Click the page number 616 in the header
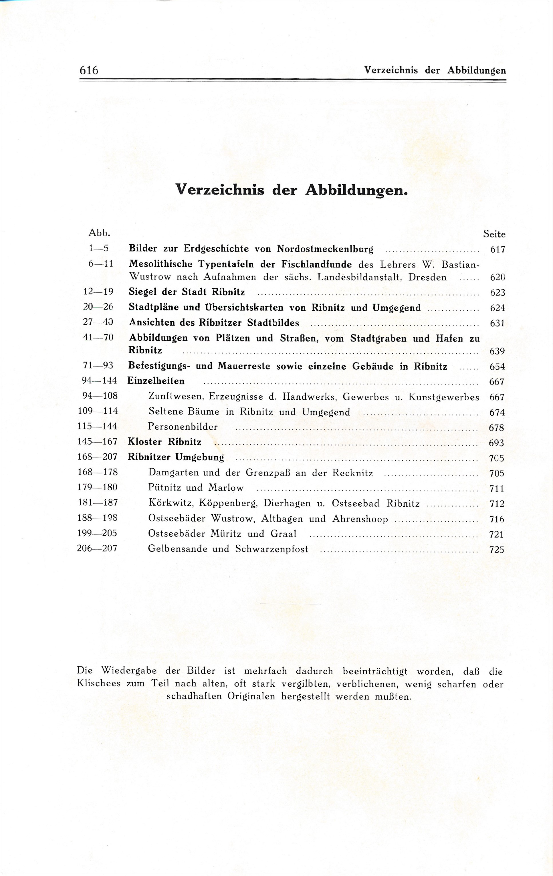pos(89,70)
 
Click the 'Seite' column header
pos(494,234)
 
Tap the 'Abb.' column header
pos(99,233)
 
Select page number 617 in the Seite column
pos(497,249)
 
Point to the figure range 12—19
pos(98,292)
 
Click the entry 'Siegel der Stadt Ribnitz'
pos(187,292)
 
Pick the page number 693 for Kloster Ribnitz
pos(496,443)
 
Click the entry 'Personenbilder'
pos(183,427)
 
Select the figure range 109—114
pos(98,411)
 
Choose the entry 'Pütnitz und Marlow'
pos(196,488)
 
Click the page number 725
pos(497,550)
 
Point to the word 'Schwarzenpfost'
pos(271,549)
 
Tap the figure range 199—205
pos(97,534)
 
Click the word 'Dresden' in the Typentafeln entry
pos(427,278)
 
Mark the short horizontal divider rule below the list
pos(290,604)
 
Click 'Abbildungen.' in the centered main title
pos(356,190)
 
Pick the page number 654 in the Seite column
pos(497,367)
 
